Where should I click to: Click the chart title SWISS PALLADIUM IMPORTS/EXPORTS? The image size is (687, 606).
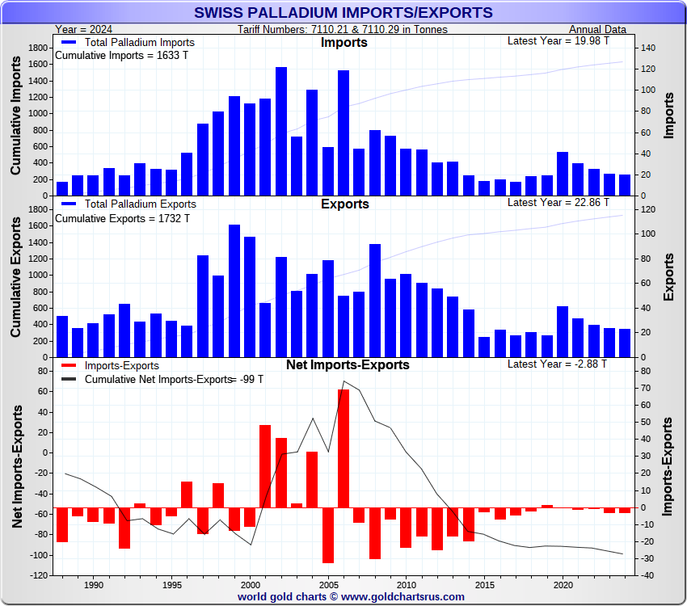[343, 12]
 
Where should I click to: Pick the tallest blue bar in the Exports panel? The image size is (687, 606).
[234, 291]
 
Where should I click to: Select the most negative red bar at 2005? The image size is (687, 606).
[328, 535]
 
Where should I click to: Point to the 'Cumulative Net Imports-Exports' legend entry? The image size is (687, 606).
[158, 379]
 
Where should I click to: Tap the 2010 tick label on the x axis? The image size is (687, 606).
[406, 584]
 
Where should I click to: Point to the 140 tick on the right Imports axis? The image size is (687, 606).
[647, 48]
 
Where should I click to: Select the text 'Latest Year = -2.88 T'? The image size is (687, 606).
[558, 364]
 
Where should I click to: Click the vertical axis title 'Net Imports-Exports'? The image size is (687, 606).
[18, 467]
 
